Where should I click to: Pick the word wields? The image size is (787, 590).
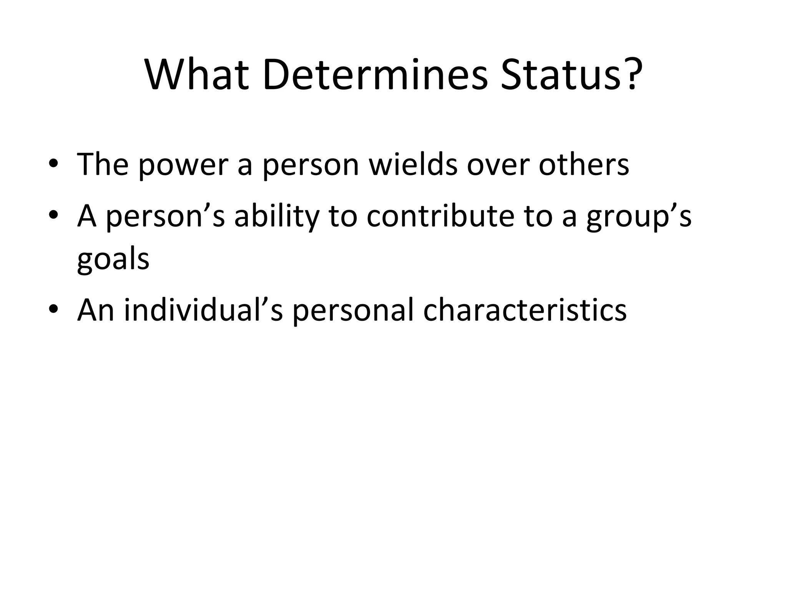pos(413,164)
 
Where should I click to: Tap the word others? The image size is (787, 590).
pos(584,164)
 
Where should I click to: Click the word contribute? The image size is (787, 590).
pos(440,215)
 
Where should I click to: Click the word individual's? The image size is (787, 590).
pos(203,310)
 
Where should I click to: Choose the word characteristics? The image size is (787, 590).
pos(525,310)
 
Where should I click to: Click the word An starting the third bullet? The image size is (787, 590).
pos(96,310)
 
